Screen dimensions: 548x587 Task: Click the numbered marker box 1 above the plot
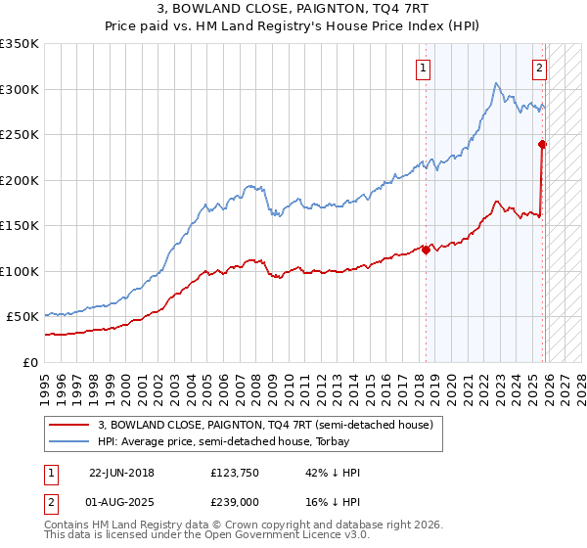[x=424, y=68]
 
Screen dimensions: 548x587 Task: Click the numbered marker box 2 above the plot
[x=539, y=68]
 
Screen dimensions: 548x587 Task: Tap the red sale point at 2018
[x=426, y=250]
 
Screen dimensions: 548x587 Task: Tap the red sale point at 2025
[x=542, y=145]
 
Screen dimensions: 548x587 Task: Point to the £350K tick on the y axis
[x=20, y=44]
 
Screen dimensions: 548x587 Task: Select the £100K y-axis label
[x=20, y=271]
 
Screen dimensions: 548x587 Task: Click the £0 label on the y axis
[x=30, y=362]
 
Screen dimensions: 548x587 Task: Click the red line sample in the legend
[x=69, y=425]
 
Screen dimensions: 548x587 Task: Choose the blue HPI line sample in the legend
[x=69, y=441]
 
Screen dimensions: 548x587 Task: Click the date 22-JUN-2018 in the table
[x=121, y=472]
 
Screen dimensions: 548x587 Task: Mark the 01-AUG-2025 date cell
[x=122, y=500]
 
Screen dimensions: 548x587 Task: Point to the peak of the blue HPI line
[x=496, y=83]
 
